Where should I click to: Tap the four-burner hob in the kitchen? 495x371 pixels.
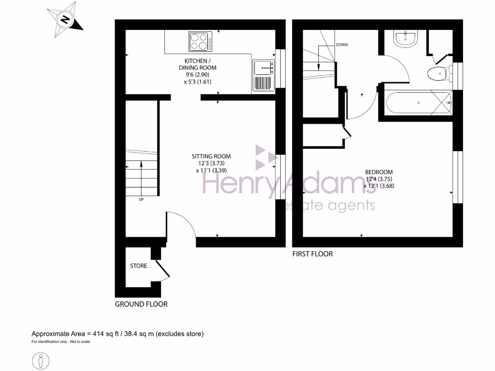pyautogui.click(x=200, y=42)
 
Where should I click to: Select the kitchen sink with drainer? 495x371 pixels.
pyautogui.click(x=263, y=76)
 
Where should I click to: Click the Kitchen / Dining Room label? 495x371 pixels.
pyautogui.click(x=198, y=71)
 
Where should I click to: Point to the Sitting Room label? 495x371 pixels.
pyautogui.click(x=211, y=163)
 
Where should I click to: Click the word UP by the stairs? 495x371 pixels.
pyautogui.click(x=141, y=200)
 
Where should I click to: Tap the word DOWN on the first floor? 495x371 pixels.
pyautogui.click(x=342, y=44)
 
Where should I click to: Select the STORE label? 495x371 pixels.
pyautogui.click(x=138, y=266)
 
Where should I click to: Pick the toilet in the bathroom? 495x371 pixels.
pyautogui.click(x=439, y=74)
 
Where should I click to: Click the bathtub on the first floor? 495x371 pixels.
pyautogui.click(x=419, y=102)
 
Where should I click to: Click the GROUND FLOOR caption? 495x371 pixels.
pyautogui.click(x=141, y=304)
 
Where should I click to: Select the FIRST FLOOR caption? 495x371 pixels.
pyautogui.click(x=312, y=254)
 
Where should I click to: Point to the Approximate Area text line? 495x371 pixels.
pyautogui.click(x=117, y=334)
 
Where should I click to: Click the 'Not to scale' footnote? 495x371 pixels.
pyautogui.click(x=61, y=342)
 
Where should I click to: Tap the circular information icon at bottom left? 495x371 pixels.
pyautogui.click(x=42, y=360)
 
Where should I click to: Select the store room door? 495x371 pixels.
pyautogui.click(x=162, y=271)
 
